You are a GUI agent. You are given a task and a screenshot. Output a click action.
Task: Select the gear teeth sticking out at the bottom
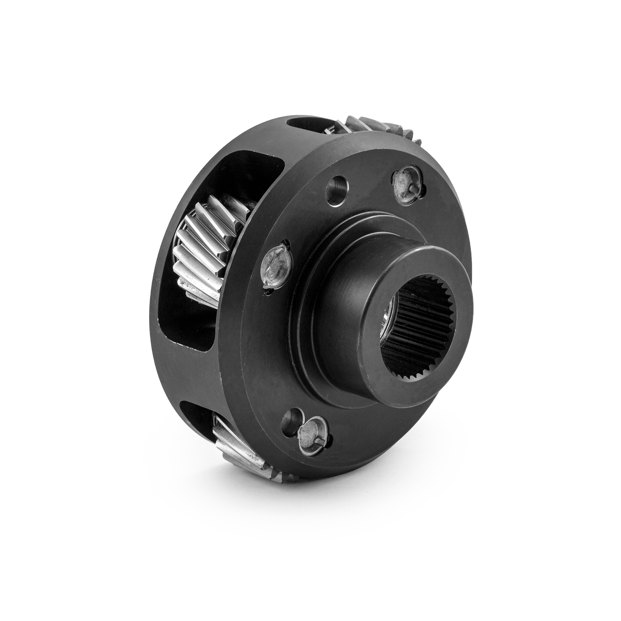pos(233,446)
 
